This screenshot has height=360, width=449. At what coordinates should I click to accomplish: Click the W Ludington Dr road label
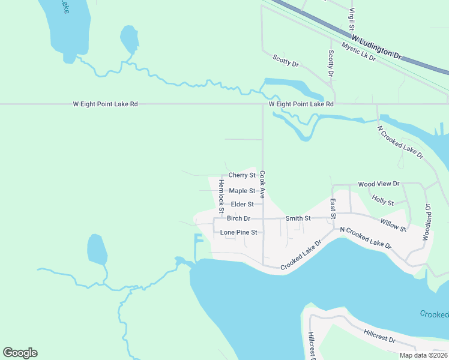[376, 47]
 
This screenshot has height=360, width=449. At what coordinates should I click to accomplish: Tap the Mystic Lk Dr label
[358, 52]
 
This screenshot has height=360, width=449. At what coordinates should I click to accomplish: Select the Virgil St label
[352, 19]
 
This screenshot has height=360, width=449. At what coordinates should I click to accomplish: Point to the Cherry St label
[243, 175]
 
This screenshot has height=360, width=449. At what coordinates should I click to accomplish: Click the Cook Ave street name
[262, 185]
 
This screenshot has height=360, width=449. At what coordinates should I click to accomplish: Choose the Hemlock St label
[221, 195]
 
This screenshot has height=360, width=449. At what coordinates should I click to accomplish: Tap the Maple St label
[243, 191]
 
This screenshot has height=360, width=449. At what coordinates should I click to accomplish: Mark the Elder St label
[243, 205]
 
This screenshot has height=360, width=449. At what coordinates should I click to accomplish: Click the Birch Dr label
[238, 218]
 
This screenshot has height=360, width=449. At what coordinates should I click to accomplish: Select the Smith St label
[298, 218]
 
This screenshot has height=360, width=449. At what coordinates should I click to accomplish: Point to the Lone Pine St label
[238, 232]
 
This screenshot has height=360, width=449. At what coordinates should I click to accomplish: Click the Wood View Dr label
[378, 184]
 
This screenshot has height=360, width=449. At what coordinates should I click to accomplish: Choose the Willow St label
[393, 225]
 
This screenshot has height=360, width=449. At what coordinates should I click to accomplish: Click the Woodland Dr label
[428, 222]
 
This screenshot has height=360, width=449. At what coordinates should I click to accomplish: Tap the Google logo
[20, 353]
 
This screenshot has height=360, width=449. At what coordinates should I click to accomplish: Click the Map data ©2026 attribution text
[423, 355]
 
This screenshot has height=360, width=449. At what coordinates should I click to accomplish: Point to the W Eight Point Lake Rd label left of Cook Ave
[106, 104]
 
